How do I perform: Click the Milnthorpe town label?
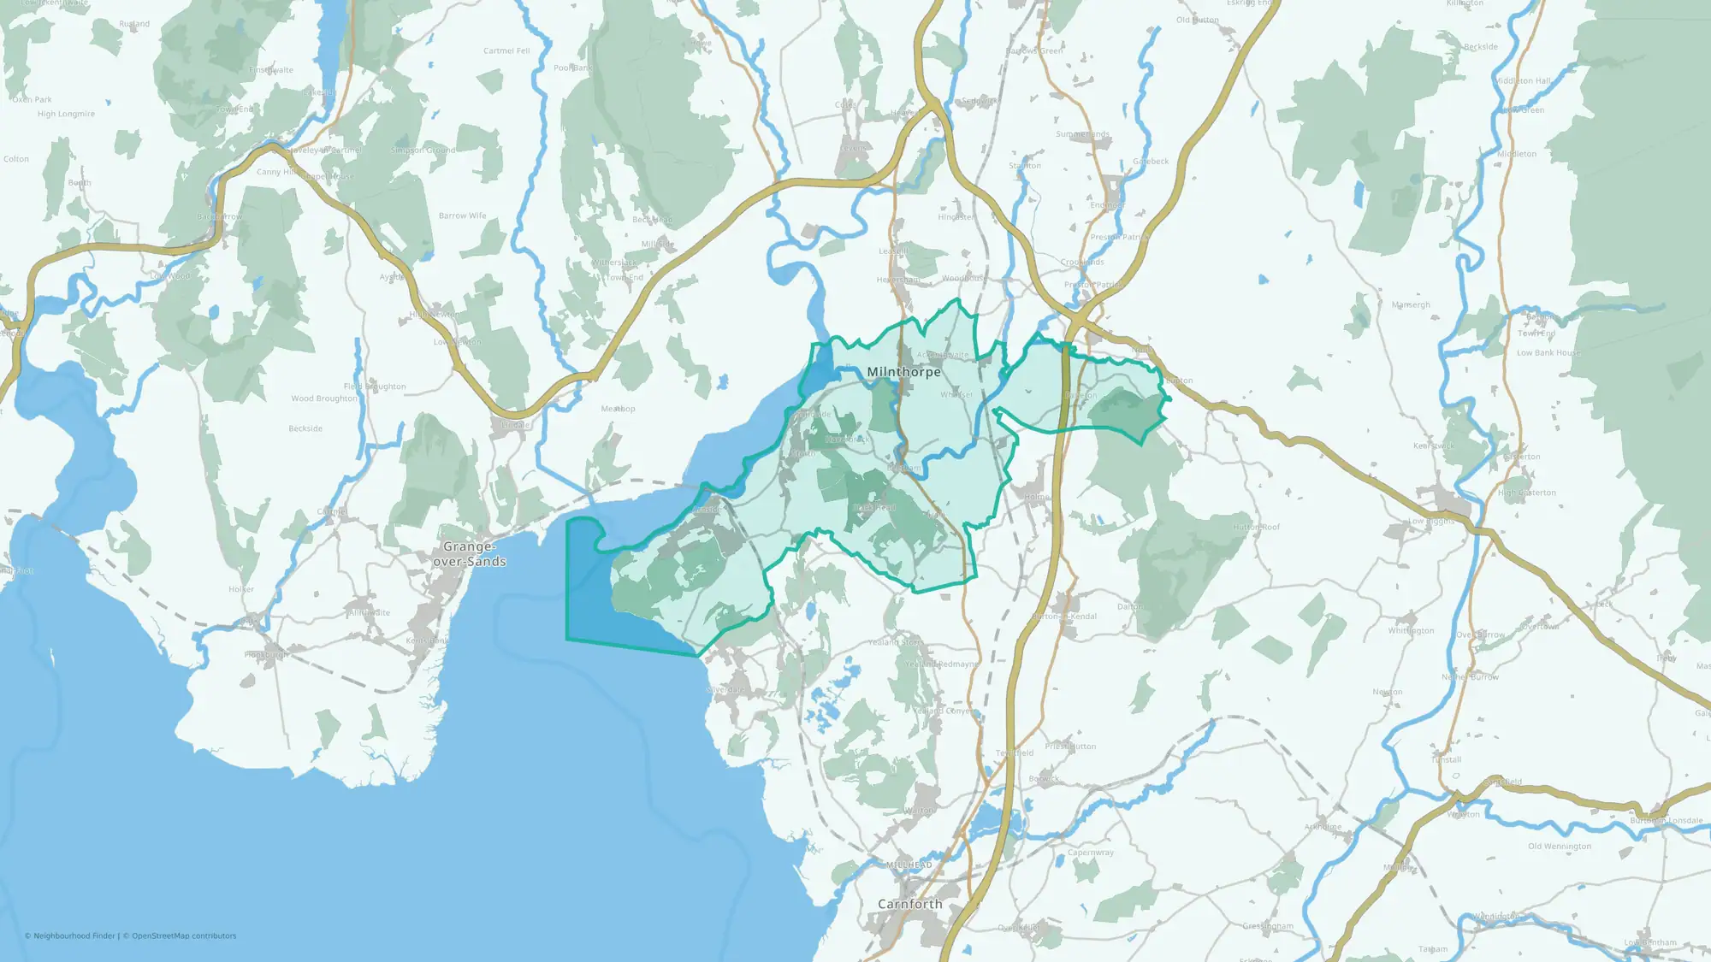[x=903, y=372]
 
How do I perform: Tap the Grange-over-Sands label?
[x=470, y=554]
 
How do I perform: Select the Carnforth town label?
[x=909, y=904]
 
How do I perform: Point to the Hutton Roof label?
[x=1256, y=528]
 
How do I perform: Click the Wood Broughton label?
[x=323, y=398]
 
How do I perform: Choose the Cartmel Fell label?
[x=506, y=51]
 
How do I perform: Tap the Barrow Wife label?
[x=462, y=216]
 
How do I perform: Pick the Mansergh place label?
[x=1411, y=305]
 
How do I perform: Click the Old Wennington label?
[x=1560, y=847]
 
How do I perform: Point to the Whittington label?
[x=1411, y=631]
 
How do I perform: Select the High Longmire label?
[x=66, y=114]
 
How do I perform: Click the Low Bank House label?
[x=1548, y=353]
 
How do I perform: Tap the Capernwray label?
[x=1091, y=853]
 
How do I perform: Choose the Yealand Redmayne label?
[x=941, y=664]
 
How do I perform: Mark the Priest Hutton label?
[x=1070, y=747]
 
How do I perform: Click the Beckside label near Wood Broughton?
[x=305, y=429]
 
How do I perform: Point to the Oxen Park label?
[x=33, y=100]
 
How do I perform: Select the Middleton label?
[x=1517, y=155]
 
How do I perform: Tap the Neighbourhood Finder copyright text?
[x=70, y=936]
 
